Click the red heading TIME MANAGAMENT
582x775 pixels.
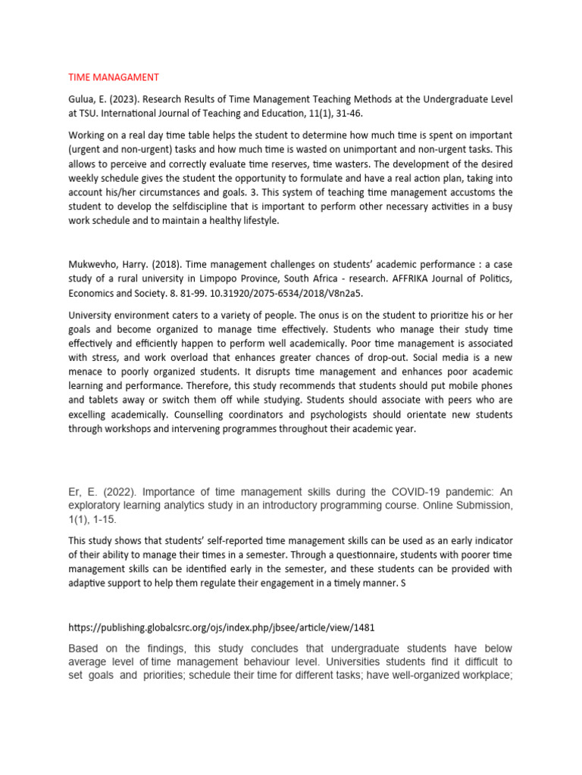[114, 77]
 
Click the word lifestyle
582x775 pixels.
[256, 221]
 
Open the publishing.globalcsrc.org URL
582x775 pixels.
[221, 628]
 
